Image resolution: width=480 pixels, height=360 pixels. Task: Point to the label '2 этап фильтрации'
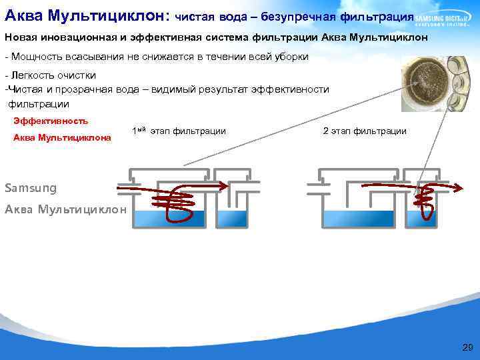click(365, 131)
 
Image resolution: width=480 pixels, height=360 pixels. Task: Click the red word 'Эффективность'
click(51, 121)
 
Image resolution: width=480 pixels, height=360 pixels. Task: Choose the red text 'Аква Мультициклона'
click(62, 138)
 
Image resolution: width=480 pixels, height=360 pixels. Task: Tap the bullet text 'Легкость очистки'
click(51, 74)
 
